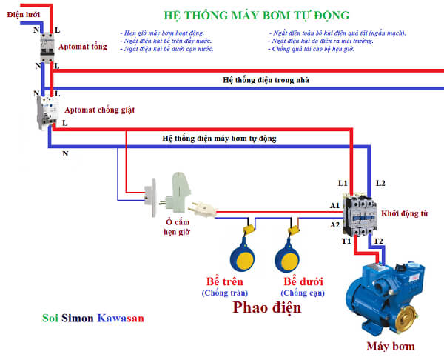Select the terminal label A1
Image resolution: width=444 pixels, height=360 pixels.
pyautogui.click(x=334, y=205)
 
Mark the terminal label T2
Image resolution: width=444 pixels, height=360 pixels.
pyautogui.click(x=377, y=241)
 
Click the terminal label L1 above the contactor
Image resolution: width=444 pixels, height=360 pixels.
pyautogui.click(x=343, y=182)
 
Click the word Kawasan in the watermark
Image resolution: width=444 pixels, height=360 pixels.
pyautogui.click(x=121, y=319)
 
